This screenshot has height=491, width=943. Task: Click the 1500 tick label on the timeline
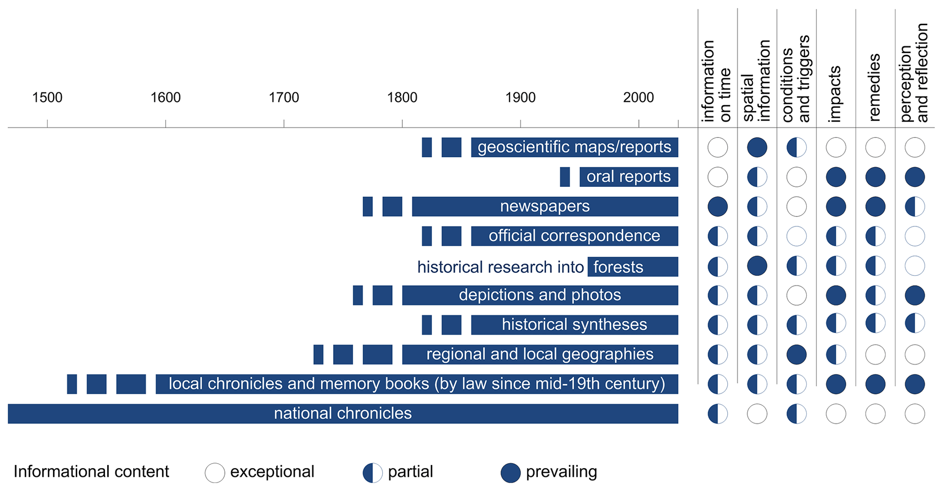coord(47,97)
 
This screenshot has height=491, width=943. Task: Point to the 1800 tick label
coord(402,97)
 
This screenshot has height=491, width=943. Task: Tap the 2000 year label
coord(638,97)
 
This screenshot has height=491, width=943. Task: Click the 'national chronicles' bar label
coord(343,413)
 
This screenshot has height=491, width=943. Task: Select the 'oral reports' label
coord(628,177)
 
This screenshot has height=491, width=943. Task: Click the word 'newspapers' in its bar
coord(545,206)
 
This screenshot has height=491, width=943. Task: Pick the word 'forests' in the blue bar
coord(618,267)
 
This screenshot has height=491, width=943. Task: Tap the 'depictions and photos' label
coord(540,295)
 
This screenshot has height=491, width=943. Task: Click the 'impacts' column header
coord(835,94)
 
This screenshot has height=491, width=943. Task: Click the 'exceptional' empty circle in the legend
coord(215,473)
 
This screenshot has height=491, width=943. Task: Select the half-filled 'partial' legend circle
coord(373,473)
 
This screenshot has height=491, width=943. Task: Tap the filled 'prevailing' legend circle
coord(511,473)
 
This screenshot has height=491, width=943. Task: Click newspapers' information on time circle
coord(718,206)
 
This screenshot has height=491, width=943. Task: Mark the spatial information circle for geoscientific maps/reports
coord(757,148)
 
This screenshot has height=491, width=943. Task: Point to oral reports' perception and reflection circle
coord(915,177)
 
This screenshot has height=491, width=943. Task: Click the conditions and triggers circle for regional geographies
coord(797,354)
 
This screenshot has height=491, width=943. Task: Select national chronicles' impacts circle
coord(836,414)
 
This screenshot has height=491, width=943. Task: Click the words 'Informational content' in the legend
coord(91,472)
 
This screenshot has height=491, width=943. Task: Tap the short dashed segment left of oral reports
coord(565,177)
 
